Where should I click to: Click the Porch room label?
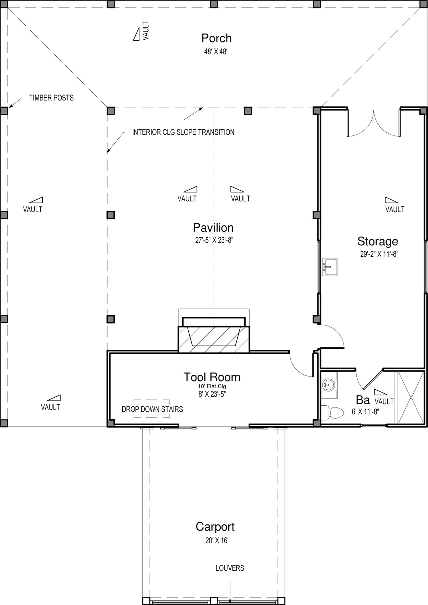click(x=216, y=39)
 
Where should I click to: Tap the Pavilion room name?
click(x=213, y=228)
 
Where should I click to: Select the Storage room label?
click(x=377, y=241)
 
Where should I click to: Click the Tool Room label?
click(x=212, y=377)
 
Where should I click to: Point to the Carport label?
click(x=215, y=527)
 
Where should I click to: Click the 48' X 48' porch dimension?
click(x=216, y=52)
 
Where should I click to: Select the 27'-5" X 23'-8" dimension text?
click(x=214, y=240)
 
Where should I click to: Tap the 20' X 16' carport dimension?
click(x=217, y=540)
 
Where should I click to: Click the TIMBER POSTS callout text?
click(x=51, y=97)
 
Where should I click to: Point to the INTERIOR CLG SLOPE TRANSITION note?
click(x=183, y=132)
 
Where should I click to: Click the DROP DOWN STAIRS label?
click(x=152, y=409)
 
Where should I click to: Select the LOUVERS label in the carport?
click(x=230, y=568)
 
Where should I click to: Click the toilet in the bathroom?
click(x=332, y=412)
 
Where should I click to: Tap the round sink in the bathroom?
click(x=328, y=384)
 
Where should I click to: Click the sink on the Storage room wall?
click(x=330, y=267)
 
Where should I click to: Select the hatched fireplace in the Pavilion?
click(x=214, y=339)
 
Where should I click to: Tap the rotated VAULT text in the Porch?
click(x=146, y=31)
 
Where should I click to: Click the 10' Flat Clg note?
click(x=212, y=386)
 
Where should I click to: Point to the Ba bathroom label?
click(x=363, y=399)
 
